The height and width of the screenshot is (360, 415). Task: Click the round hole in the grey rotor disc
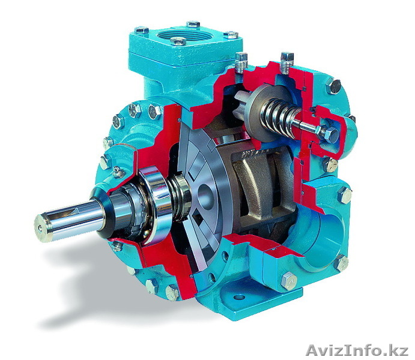tap(205, 197)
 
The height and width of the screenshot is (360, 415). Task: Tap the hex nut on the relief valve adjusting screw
tap(330, 134)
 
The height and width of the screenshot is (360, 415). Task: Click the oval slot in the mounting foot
tap(239, 297)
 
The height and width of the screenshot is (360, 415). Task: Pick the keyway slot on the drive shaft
tap(65, 212)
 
